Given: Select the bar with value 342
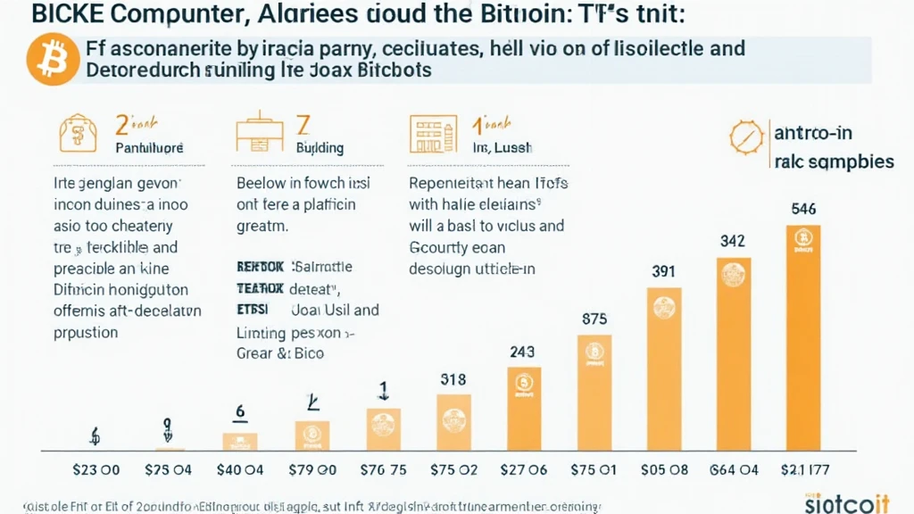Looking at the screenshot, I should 733,353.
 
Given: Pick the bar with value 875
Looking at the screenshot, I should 594,393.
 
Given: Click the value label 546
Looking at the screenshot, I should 803,210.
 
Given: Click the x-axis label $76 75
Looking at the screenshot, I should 383,470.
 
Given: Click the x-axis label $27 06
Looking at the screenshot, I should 523,470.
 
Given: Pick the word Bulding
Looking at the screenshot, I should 319,148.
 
